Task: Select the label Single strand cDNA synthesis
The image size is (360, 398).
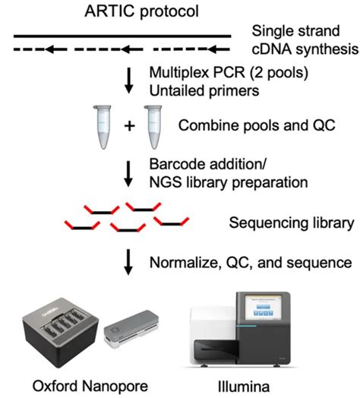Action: coord(299,41)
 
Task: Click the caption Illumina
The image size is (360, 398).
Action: coord(244,384)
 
